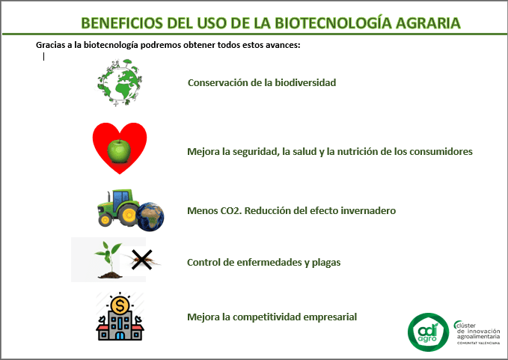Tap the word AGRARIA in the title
coord(428,23)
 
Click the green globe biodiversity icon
coord(120,82)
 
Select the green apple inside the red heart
coord(119,151)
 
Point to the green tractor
coord(118,207)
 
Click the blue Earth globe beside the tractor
coord(150,216)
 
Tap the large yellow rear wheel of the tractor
coord(129,214)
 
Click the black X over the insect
coord(142,260)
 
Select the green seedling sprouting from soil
coord(109,260)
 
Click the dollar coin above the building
coord(120,305)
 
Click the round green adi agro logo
coord(428,332)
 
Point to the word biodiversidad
coord(305,82)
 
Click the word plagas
coord(326,263)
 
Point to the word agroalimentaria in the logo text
coord(478,337)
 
